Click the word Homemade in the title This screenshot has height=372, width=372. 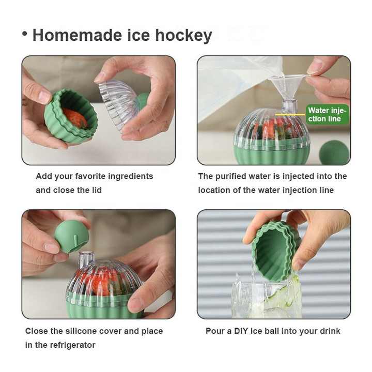[x=77, y=35]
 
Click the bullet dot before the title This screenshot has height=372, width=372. [x=24, y=34]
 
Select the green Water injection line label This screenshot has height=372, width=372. [x=327, y=114]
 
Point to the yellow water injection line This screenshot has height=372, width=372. [x=290, y=115]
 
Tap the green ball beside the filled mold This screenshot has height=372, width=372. [x=334, y=152]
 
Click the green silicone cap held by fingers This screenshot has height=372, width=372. [x=71, y=236]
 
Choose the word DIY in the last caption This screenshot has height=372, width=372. [x=241, y=331]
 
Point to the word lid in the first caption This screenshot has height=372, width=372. [x=97, y=190]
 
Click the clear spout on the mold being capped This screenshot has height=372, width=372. [x=86, y=259]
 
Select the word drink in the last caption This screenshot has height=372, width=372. [x=330, y=331]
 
